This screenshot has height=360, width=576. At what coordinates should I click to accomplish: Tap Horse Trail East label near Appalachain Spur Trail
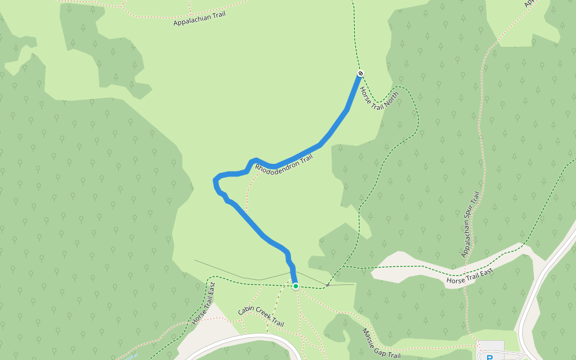click(470, 277)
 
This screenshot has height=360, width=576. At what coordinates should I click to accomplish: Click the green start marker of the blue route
click(296, 286)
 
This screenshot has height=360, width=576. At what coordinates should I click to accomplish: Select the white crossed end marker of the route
click(361, 73)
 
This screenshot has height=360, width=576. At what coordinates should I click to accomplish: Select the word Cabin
click(245, 311)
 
